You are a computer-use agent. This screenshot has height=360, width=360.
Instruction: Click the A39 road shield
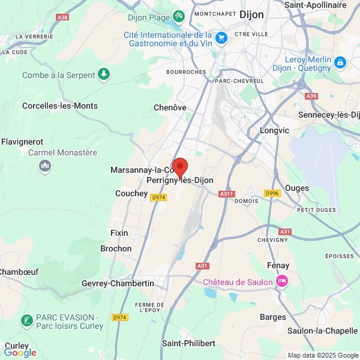tap(311, 96)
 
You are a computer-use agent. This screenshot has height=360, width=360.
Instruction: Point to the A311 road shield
tap(226, 193)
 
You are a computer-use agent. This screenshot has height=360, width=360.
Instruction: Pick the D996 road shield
tap(272, 193)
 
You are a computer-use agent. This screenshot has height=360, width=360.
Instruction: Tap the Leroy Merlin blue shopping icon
tap(340, 62)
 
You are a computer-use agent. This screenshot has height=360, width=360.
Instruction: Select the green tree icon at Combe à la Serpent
tap(105, 74)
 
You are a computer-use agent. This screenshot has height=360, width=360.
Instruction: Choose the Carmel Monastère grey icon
tap(44, 166)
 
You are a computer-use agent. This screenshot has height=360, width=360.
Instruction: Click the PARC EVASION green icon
tap(26, 321)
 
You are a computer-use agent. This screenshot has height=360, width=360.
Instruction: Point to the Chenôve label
tap(170, 107)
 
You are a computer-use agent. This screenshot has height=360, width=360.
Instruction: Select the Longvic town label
tap(275, 130)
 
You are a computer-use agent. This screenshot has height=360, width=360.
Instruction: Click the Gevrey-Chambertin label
tap(118, 283)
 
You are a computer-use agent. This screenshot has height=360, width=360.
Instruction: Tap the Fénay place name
tap(278, 265)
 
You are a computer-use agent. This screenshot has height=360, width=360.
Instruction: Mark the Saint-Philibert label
tap(188, 343)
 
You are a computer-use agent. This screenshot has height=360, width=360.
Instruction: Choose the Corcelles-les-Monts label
tap(59, 106)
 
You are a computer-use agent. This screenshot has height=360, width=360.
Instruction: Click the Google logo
tap(20, 353)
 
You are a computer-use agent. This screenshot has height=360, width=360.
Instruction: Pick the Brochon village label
tap(116, 248)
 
